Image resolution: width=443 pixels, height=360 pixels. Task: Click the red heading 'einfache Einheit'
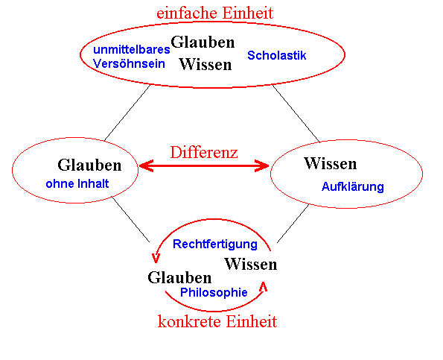215,13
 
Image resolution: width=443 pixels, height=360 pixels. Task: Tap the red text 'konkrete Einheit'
217,321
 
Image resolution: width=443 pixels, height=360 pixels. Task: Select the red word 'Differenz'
204,152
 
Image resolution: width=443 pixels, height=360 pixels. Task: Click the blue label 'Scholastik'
276,55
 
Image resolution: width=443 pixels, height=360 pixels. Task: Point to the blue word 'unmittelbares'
132,49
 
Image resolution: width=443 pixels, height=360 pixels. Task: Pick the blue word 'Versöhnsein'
129,63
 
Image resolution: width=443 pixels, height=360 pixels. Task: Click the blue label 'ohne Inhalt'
77,183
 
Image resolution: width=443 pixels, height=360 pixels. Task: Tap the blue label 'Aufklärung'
353,186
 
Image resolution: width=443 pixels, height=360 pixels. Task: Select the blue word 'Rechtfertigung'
215,244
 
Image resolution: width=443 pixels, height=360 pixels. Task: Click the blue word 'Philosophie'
214,292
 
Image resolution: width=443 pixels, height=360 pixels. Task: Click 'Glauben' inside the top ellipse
203,42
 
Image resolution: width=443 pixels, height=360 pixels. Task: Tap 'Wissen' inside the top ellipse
205,64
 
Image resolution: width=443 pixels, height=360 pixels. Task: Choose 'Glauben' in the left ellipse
89,165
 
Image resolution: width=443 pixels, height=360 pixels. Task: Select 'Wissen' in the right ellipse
331,163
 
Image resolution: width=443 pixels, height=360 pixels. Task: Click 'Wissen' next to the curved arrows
251,264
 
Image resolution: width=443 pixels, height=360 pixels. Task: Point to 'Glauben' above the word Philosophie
179,277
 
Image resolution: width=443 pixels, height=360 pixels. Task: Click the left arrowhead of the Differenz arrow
147,165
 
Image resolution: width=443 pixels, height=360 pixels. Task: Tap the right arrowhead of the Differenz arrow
261,165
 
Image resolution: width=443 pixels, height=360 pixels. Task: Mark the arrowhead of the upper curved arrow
156,258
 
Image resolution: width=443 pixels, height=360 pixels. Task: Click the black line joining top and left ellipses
127,113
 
